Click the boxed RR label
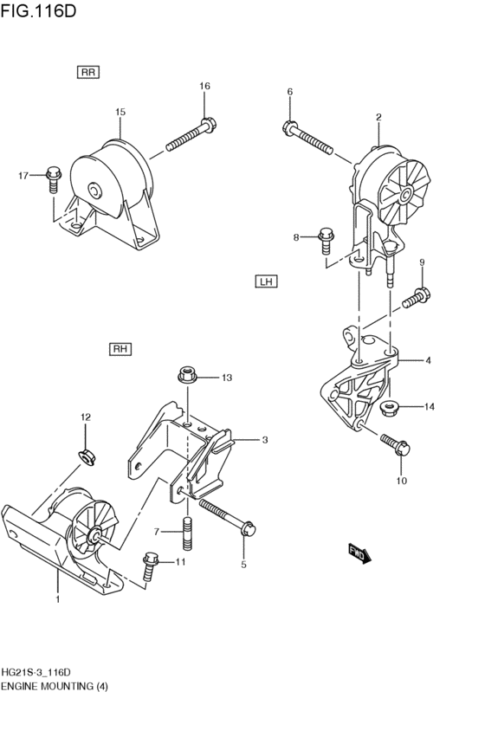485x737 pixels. click(x=87, y=73)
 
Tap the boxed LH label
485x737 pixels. click(x=266, y=281)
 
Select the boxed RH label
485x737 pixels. click(x=120, y=349)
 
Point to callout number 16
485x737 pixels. click(x=204, y=86)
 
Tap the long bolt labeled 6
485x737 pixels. click(x=310, y=139)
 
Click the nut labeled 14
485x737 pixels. click(x=390, y=406)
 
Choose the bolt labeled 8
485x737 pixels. click(x=327, y=238)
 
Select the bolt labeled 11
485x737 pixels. click(x=152, y=564)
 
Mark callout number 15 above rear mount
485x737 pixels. click(x=120, y=112)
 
